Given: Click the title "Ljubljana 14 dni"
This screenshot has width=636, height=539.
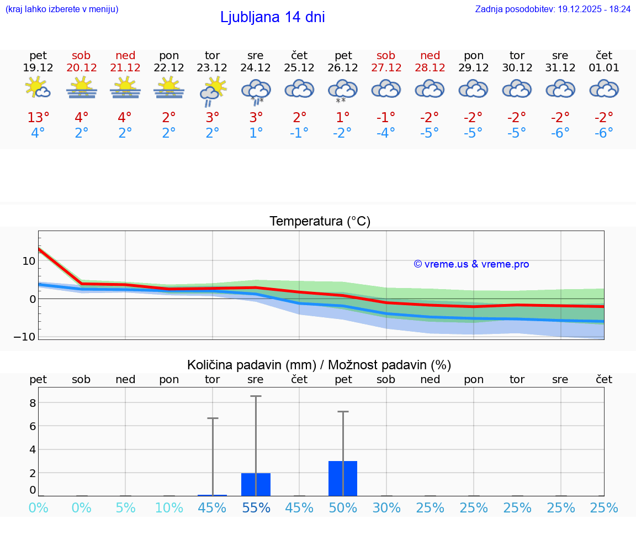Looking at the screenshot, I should coord(272,17).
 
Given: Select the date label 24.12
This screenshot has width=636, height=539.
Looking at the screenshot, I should coord(256,68).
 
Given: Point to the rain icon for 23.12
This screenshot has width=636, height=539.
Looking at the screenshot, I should coord(213,91).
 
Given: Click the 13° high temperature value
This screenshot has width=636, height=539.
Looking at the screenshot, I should coord(38,118).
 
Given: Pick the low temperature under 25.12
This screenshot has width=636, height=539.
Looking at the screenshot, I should coord(299,133).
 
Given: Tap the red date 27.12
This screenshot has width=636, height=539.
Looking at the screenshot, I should coord(386,68).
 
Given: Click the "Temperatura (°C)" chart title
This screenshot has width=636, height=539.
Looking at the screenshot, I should coord(320,222).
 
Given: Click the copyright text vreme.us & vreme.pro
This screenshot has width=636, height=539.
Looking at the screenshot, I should coord(471,264).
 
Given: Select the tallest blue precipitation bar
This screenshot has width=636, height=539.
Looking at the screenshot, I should coord(343,478).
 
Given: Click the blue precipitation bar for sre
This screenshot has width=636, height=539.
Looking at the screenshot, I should coord(256,484).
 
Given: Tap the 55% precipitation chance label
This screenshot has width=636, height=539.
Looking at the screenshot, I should coord(256,508).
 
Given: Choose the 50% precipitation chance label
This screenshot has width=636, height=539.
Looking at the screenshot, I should coord(343,508).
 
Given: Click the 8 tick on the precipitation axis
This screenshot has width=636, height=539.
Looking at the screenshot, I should coord(33,403).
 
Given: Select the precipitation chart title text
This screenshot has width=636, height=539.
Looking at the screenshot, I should coord(319,365).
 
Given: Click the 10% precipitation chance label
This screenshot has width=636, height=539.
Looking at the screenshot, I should coord(169,508).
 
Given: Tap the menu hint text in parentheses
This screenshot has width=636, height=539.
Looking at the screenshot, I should coord(62,9).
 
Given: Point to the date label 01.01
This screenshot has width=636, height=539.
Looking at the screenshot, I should coord(604,68).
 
